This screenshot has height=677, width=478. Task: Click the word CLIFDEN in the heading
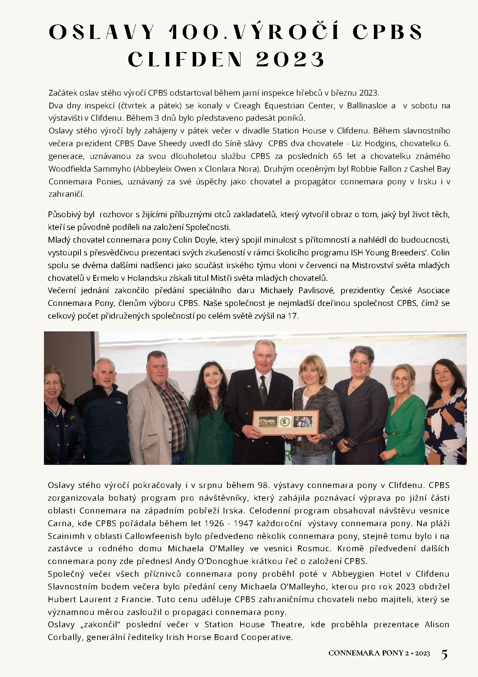(185, 60)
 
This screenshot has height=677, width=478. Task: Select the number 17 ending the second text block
(293, 316)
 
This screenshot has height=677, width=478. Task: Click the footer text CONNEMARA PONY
(365, 653)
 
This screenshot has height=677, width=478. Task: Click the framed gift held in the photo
(285, 423)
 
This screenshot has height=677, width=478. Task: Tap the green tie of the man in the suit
(263, 390)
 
